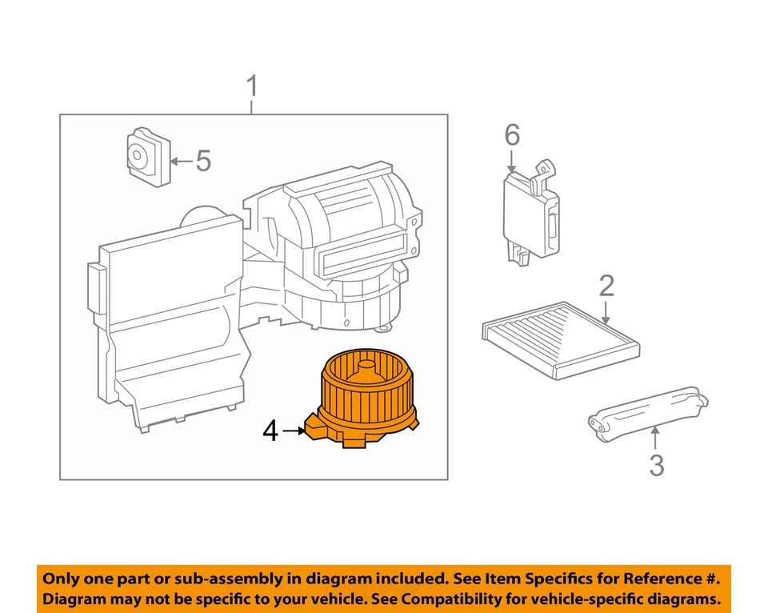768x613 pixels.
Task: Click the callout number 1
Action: coord(252,86)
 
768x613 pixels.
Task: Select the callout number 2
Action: coord(606,285)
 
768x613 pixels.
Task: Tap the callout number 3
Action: coord(656,464)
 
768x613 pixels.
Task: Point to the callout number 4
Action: coord(270,432)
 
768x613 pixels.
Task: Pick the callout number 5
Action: coord(204,162)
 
